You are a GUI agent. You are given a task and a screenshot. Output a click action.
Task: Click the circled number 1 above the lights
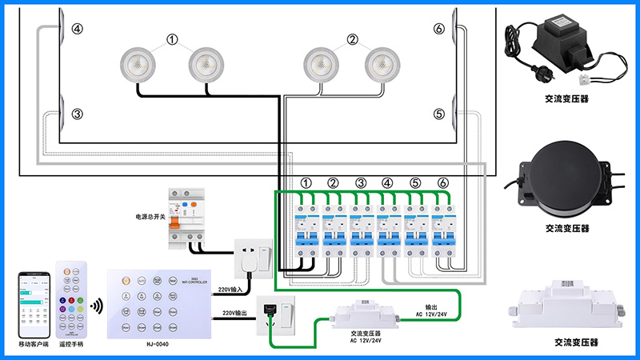pos(172,39)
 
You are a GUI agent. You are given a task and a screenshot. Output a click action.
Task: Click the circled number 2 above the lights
pos(352,39)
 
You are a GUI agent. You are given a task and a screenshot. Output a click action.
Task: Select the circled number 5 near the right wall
pos(438,114)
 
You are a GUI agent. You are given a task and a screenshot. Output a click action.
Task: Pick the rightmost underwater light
pos(382,65)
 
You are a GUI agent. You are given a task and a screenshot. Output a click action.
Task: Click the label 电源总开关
pos(150,216)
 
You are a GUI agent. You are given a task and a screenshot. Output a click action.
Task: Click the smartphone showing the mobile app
pos(34,305)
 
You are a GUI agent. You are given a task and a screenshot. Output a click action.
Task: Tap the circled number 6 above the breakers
pos(442,183)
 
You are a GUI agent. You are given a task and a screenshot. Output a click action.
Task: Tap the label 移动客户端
pos(34,344)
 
